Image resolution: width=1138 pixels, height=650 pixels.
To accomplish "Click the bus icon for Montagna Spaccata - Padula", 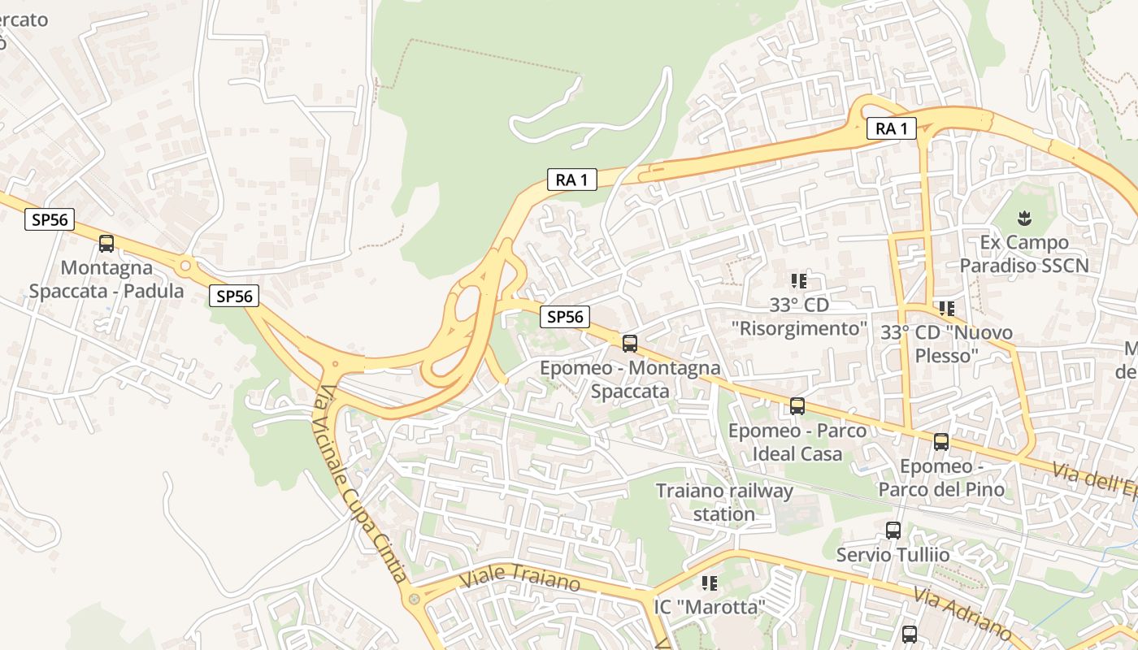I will click(x=106, y=243).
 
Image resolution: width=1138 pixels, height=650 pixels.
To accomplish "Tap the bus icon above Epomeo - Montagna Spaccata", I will click(x=630, y=343).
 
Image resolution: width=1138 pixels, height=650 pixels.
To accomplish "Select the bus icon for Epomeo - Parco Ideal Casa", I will click(x=797, y=405).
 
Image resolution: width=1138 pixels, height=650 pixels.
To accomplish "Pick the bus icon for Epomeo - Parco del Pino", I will click(x=941, y=442).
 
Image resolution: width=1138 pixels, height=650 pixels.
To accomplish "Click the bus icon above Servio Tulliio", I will click(x=893, y=531).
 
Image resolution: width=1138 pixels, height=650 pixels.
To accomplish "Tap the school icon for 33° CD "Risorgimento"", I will click(x=799, y=281).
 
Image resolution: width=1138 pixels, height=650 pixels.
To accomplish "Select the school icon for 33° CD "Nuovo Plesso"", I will click(x=946, y=308).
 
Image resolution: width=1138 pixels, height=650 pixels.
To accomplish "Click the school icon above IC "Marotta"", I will click(x=710, y=583).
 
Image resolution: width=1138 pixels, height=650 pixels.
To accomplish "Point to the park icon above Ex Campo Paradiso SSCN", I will click(x=1024, y=218).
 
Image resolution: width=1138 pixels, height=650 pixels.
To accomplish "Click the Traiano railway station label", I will click(x=723, y=502).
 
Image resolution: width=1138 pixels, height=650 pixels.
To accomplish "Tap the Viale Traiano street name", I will click(x=520, y=577).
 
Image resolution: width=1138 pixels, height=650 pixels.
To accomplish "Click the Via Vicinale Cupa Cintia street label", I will click(x=361, y=483).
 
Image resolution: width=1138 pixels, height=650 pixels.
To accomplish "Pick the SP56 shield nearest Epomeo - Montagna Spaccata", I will click(x=565, y=317).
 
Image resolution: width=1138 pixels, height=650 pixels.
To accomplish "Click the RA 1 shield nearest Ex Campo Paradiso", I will click(x=891, y=128).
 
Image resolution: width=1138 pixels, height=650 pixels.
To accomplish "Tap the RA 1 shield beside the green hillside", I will click(x=571, y=180).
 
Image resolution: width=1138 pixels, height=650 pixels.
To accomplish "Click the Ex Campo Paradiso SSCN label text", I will click(x=1023, y=253).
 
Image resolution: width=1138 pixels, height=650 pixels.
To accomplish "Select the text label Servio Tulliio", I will click(x=893, y=555).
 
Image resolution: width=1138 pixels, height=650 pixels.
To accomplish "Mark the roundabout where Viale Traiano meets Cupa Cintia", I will click(x=415, y=599).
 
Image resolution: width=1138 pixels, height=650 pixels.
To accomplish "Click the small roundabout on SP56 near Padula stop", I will click(x=186, y=265).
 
